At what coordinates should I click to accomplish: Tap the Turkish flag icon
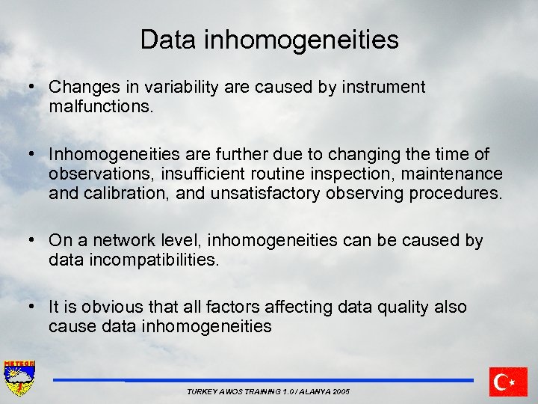click(x=508, y=382)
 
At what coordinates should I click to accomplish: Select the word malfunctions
click(x=101, y=106)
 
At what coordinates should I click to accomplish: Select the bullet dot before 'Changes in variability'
click(x=32, y=88)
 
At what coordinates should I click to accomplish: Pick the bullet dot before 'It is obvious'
click(x=32, y=307)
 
